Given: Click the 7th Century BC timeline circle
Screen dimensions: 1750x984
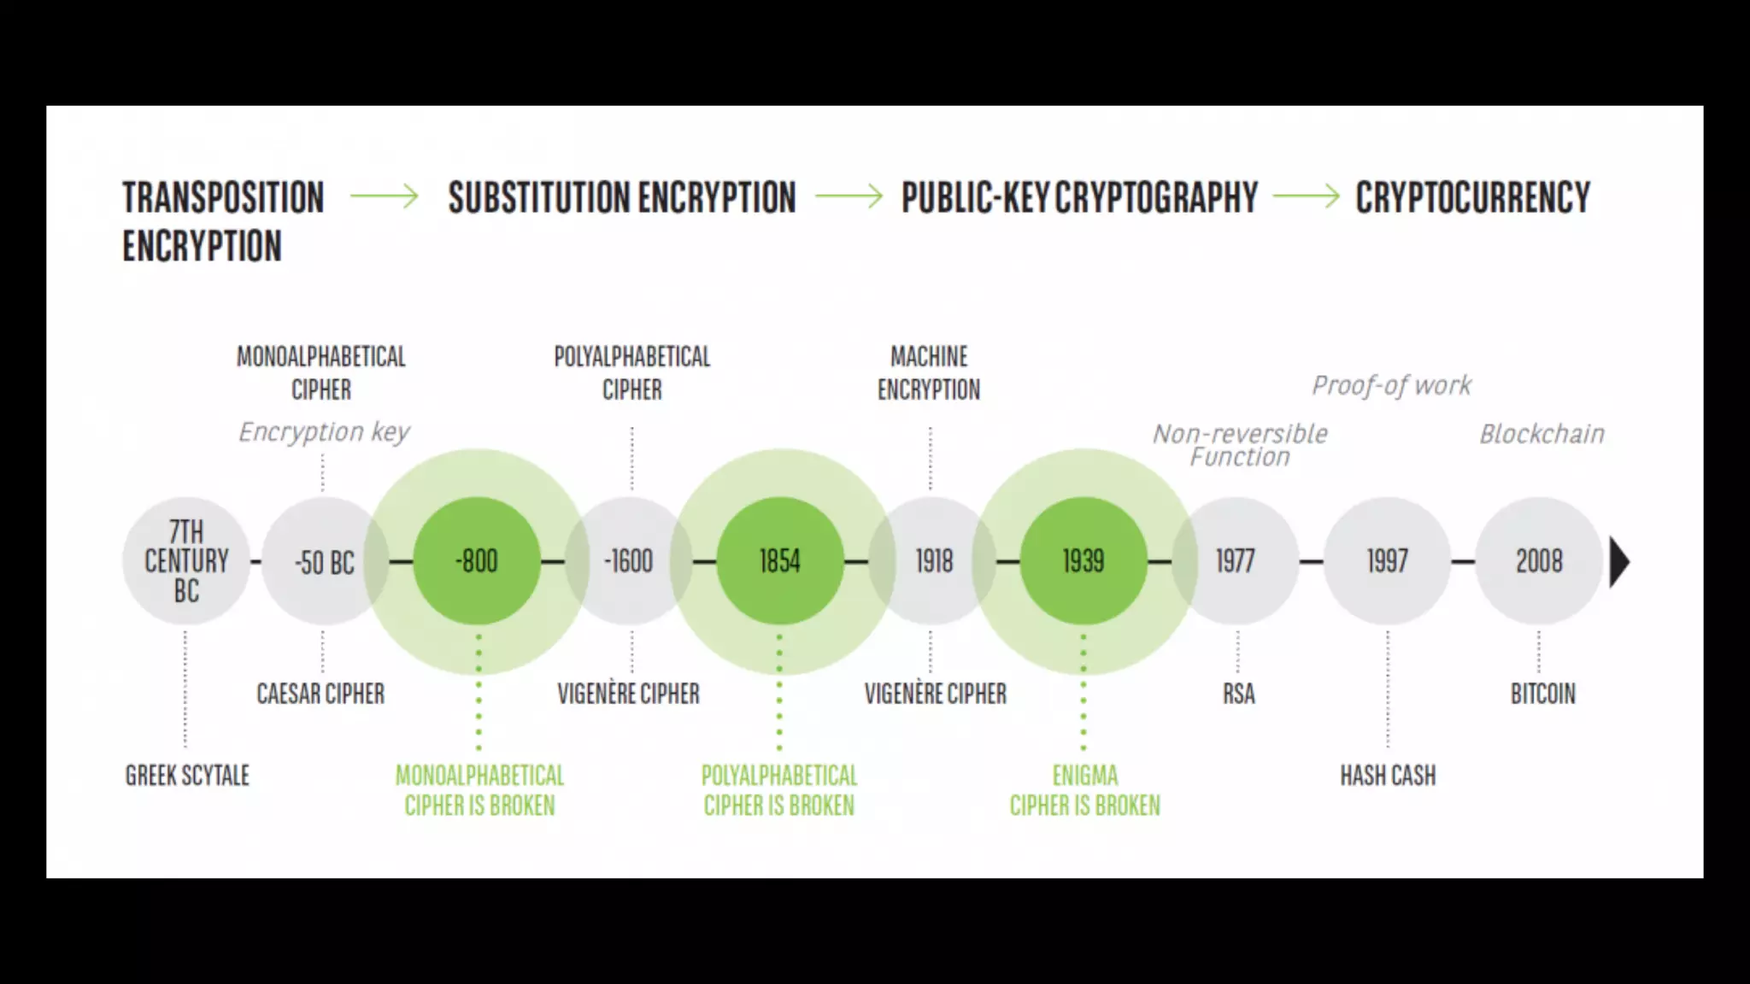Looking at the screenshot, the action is [186, 561].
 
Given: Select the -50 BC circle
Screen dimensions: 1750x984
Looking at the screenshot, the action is [324, 561].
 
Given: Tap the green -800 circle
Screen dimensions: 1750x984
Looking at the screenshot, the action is [477, 561].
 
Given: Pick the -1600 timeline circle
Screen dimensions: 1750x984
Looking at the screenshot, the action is [629, 561].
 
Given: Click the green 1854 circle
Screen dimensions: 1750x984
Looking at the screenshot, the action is [779, 561].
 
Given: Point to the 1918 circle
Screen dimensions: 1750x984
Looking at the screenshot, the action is [933, 561].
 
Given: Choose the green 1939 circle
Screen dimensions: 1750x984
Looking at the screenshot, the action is [1083, 561].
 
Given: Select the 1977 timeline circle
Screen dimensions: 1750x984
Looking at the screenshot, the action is [1236, 561].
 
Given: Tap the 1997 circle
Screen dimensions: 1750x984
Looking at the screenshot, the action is [1387, 561].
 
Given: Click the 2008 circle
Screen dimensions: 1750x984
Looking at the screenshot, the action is [1539, 561].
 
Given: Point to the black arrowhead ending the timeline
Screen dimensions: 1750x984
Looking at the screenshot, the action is [1618, 562].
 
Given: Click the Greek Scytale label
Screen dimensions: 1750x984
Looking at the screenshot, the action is [187, 776].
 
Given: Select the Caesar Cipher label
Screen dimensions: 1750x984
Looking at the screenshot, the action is [320, 694].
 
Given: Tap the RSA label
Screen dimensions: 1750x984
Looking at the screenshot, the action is [1238, 694].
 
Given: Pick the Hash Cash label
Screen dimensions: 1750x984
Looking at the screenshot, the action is [1388, 776].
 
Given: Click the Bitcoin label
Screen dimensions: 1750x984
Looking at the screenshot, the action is [1542, 694].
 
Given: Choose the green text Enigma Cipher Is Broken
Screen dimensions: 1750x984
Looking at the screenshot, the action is [1084, 790].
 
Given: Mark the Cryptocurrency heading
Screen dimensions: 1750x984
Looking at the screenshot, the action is [1472, 197].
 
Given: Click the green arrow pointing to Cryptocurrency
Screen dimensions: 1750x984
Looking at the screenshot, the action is [1306, 196].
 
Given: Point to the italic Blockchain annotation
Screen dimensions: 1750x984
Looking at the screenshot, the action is [1542, 434].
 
